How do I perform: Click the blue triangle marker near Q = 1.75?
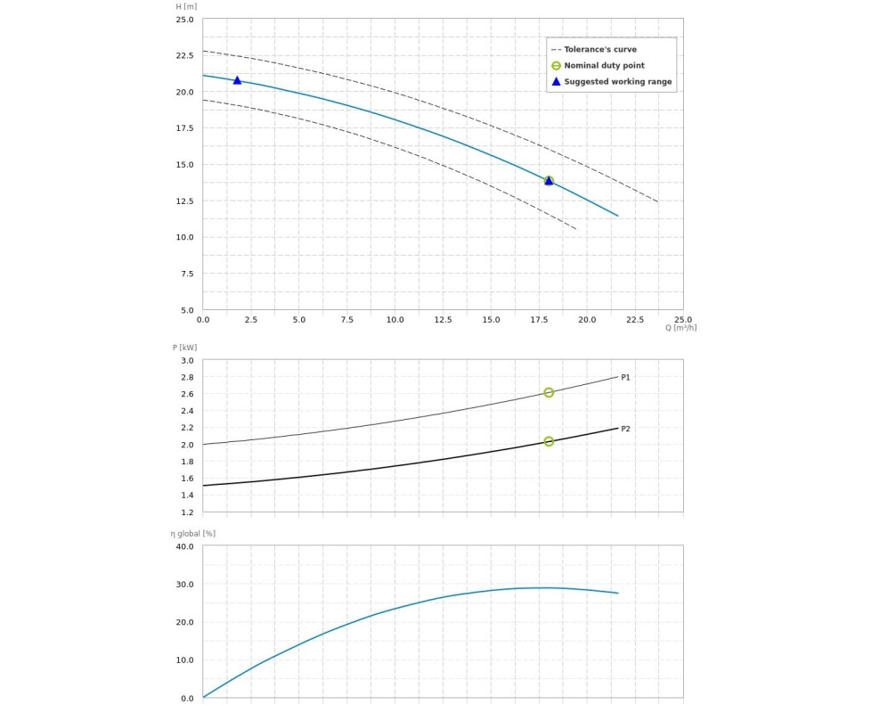tap(237, 80)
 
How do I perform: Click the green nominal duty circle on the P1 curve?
tap(549, 392)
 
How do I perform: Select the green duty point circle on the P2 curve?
tap(549, 441)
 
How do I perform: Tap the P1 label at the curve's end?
tap(625, 378)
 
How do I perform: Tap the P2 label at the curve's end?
tap(625, 429)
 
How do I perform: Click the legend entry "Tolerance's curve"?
tap(600, 50)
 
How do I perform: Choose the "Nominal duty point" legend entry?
tap(604, 66)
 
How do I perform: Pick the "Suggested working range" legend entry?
tap(617, 82)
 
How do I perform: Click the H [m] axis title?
tap(186, 7)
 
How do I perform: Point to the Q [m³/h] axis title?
tap(680, 328)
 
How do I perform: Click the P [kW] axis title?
tap(184, 348)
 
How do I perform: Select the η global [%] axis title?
tap(193, 534)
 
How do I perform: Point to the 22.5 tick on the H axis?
tap(184, 55)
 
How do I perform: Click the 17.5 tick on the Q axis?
tap(539, 319)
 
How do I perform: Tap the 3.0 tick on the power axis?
tap(187, 361)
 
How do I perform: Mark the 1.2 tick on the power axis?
tap(187, 512)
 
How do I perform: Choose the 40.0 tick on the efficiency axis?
tap(184, 546)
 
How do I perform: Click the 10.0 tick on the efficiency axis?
tap(184, 660)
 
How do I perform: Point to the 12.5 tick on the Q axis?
tap(443, 319)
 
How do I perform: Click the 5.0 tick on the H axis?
tap(187, 310)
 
